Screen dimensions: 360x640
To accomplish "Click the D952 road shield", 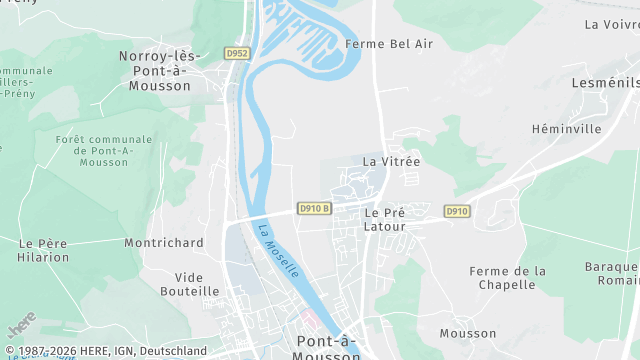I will pos(236,53).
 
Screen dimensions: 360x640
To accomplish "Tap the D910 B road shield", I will pos(314,209).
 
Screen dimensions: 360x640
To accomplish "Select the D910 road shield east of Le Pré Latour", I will pos(456,211).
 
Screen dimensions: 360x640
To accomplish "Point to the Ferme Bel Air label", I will pos(375,44).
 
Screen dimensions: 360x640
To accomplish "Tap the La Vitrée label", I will pos(391,160).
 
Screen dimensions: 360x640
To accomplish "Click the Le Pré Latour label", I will pos(385,219).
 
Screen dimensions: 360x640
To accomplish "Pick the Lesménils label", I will pos(604,83).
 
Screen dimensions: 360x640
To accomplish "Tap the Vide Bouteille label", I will pos(189,284).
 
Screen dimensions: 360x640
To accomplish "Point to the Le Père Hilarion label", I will pos(42,250).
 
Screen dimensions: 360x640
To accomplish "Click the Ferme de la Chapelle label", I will pos(508,278).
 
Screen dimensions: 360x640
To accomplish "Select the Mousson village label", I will pos(467,333).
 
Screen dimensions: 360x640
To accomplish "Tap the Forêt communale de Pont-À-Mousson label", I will pos(104,151).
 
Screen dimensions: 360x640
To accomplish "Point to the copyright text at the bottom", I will pos(105,351).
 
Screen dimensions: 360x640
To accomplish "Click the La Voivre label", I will pos(611,24).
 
